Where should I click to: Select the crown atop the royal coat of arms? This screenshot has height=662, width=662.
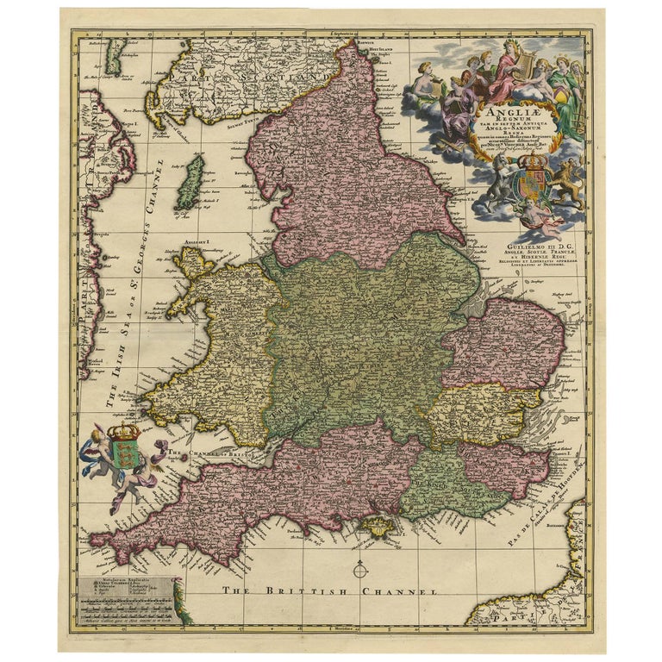(536, 161)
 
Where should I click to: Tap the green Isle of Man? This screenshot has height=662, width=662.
(190, 182)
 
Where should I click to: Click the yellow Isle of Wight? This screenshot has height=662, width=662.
(377, 524)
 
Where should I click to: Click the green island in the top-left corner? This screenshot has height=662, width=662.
(116, 55)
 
